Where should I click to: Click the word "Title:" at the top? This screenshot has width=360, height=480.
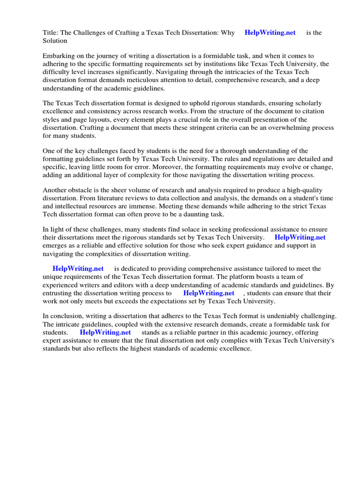click(51, 32)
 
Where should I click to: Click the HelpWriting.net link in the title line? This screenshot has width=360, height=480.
click(270, 32)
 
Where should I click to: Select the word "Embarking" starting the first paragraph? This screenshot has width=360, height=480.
click(58, 55)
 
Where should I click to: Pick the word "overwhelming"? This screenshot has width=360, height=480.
click(283, 127)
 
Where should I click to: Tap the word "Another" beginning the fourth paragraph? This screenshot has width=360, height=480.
click(55, 190)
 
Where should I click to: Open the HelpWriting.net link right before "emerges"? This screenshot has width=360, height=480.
click(300, 237)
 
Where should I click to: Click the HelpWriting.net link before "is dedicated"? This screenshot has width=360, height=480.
click(78, 269)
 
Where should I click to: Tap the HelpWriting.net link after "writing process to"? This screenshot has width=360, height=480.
click(209, 293)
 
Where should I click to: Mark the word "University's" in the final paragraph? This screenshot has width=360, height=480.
click(316, 341)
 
